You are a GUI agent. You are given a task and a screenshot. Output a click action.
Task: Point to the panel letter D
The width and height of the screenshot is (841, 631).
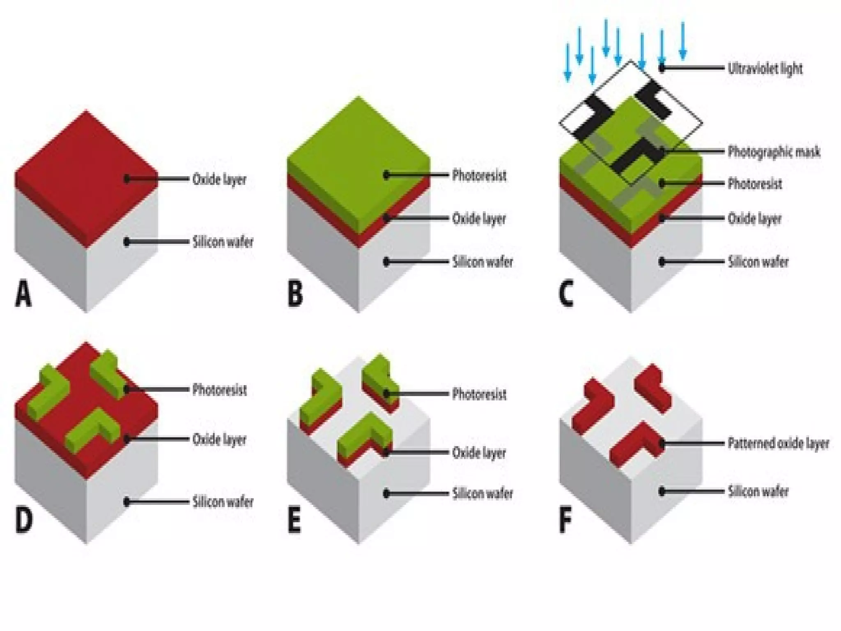pos(24,520)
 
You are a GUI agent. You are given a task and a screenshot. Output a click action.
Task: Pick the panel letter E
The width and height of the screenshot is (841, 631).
pos(294,520)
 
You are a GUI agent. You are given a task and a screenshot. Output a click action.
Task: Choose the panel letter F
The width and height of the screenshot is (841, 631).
pos(565,520)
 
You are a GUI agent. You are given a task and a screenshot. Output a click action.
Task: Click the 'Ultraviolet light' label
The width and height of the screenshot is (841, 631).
pos(765,69)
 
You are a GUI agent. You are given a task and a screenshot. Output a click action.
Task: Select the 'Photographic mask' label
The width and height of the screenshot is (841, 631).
pos(774,152)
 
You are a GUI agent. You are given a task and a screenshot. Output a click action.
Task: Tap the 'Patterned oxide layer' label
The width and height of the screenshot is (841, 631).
pos(778,444)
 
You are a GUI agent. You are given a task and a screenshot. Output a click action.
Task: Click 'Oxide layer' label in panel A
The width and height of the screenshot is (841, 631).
pos(219,180)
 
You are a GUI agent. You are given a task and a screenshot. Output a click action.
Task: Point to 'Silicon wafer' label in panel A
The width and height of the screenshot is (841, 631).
pos(223,242)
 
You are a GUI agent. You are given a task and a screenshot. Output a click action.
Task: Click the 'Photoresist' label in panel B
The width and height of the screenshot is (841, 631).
pos(479,175)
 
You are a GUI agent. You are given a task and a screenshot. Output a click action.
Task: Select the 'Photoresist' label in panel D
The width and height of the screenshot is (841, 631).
pos(219,389)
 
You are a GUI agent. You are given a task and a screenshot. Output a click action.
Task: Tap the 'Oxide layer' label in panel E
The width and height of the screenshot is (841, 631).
pos(479,453)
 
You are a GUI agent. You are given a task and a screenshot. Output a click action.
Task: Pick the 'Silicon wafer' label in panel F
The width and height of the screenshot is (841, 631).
pos(758,491)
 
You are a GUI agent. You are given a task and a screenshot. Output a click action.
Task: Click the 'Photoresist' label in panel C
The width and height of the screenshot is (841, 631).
pos(755,184)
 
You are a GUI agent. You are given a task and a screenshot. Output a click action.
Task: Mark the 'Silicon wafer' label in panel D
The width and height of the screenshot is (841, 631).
pos(223,502)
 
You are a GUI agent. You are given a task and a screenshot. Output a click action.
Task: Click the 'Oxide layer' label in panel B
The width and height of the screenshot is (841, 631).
pos(479,219)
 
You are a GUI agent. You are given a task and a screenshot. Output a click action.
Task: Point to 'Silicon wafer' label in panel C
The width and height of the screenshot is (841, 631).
pos(758,262)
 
